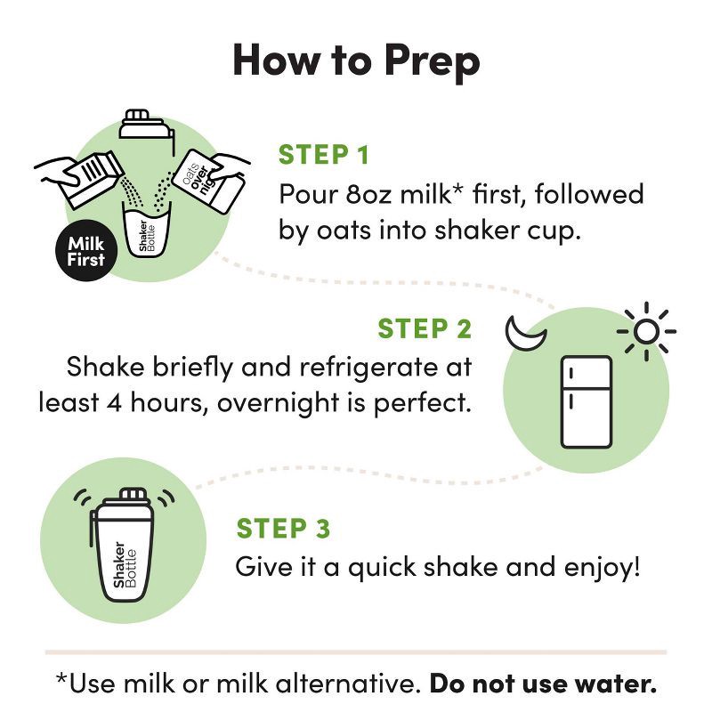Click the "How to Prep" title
click(356, 60)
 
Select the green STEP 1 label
click(323, 155)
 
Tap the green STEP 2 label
click(425, 328)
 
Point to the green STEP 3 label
click(283, 529)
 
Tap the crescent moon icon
click(524, 332)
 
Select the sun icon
click(645, 331)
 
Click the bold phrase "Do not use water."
click(544, 684)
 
